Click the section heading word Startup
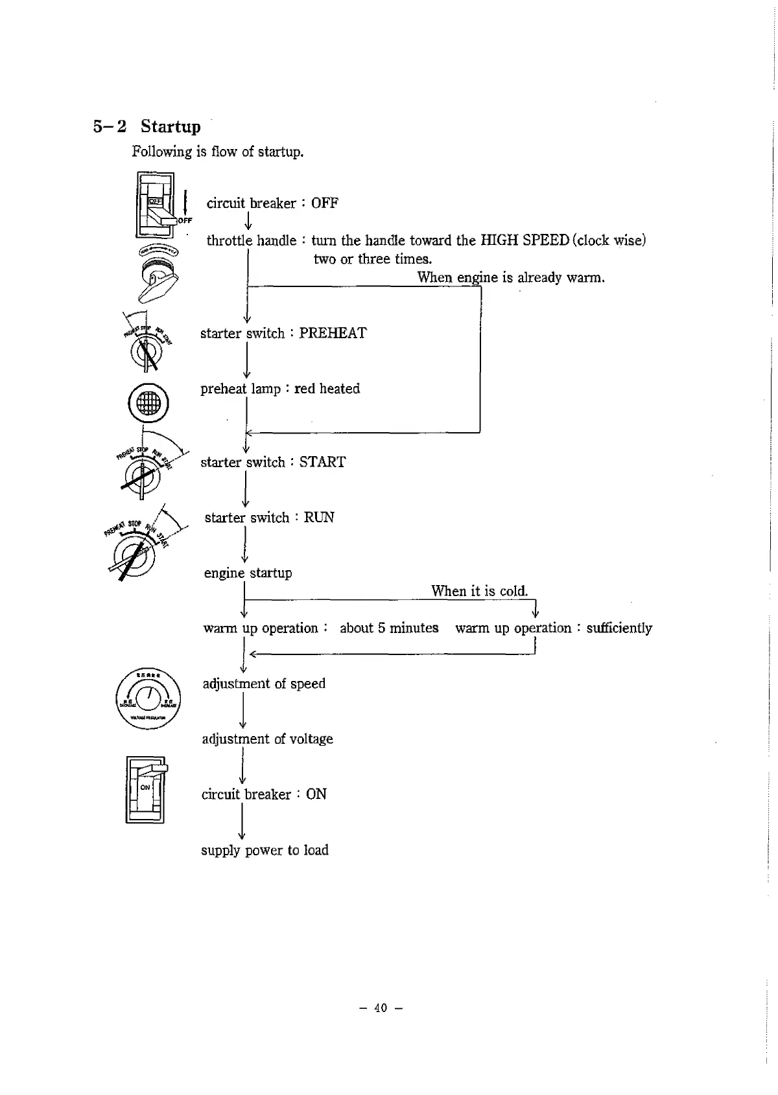pos(171,126)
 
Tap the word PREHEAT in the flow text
pos(333,334)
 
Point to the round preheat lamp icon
pos(148,402)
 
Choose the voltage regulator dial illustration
pos(148,698)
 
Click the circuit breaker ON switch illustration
pos(146,789)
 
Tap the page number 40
pos(381,1008)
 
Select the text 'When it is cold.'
pos(480,591)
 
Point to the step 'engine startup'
pos(248,573)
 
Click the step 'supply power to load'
pos(265,850)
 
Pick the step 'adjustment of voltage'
pos(267,739)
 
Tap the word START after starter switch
pos(322,463)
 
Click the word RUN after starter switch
pos(319,518)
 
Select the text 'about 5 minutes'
pos(389,628)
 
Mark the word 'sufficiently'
pos(619,628)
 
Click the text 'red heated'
pos(327,389)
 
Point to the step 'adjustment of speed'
pos(264,684)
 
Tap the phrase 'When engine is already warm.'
pos(511,278)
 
